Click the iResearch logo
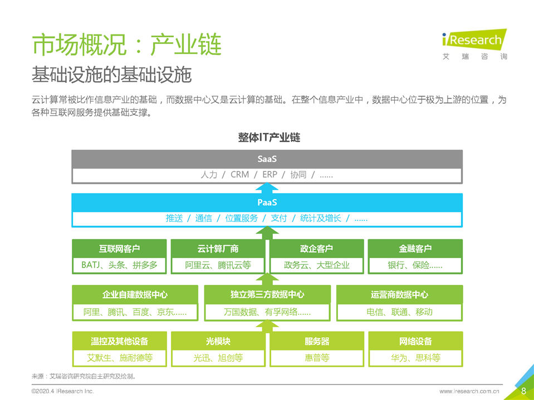[474, 44]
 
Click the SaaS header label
[267, 159]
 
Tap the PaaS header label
[267, 203]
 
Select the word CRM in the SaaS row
[240, 175]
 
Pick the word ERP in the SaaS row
[270, 175]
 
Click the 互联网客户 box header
[119, 249]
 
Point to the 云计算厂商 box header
[218, 249]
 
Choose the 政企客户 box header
[316, 249]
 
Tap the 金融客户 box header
[415, 249]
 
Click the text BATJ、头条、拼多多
[119, 265]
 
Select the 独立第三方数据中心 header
[267, 294]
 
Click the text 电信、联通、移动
[399, 312]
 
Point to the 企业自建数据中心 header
[135, 294]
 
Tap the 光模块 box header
[218, 341]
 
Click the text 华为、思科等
[415, 358]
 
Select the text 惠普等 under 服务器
[317, 358]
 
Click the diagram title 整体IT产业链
[269, 137]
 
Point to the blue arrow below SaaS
[267, 188]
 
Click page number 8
[524, 391]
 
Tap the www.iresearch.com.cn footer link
[469, 391]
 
